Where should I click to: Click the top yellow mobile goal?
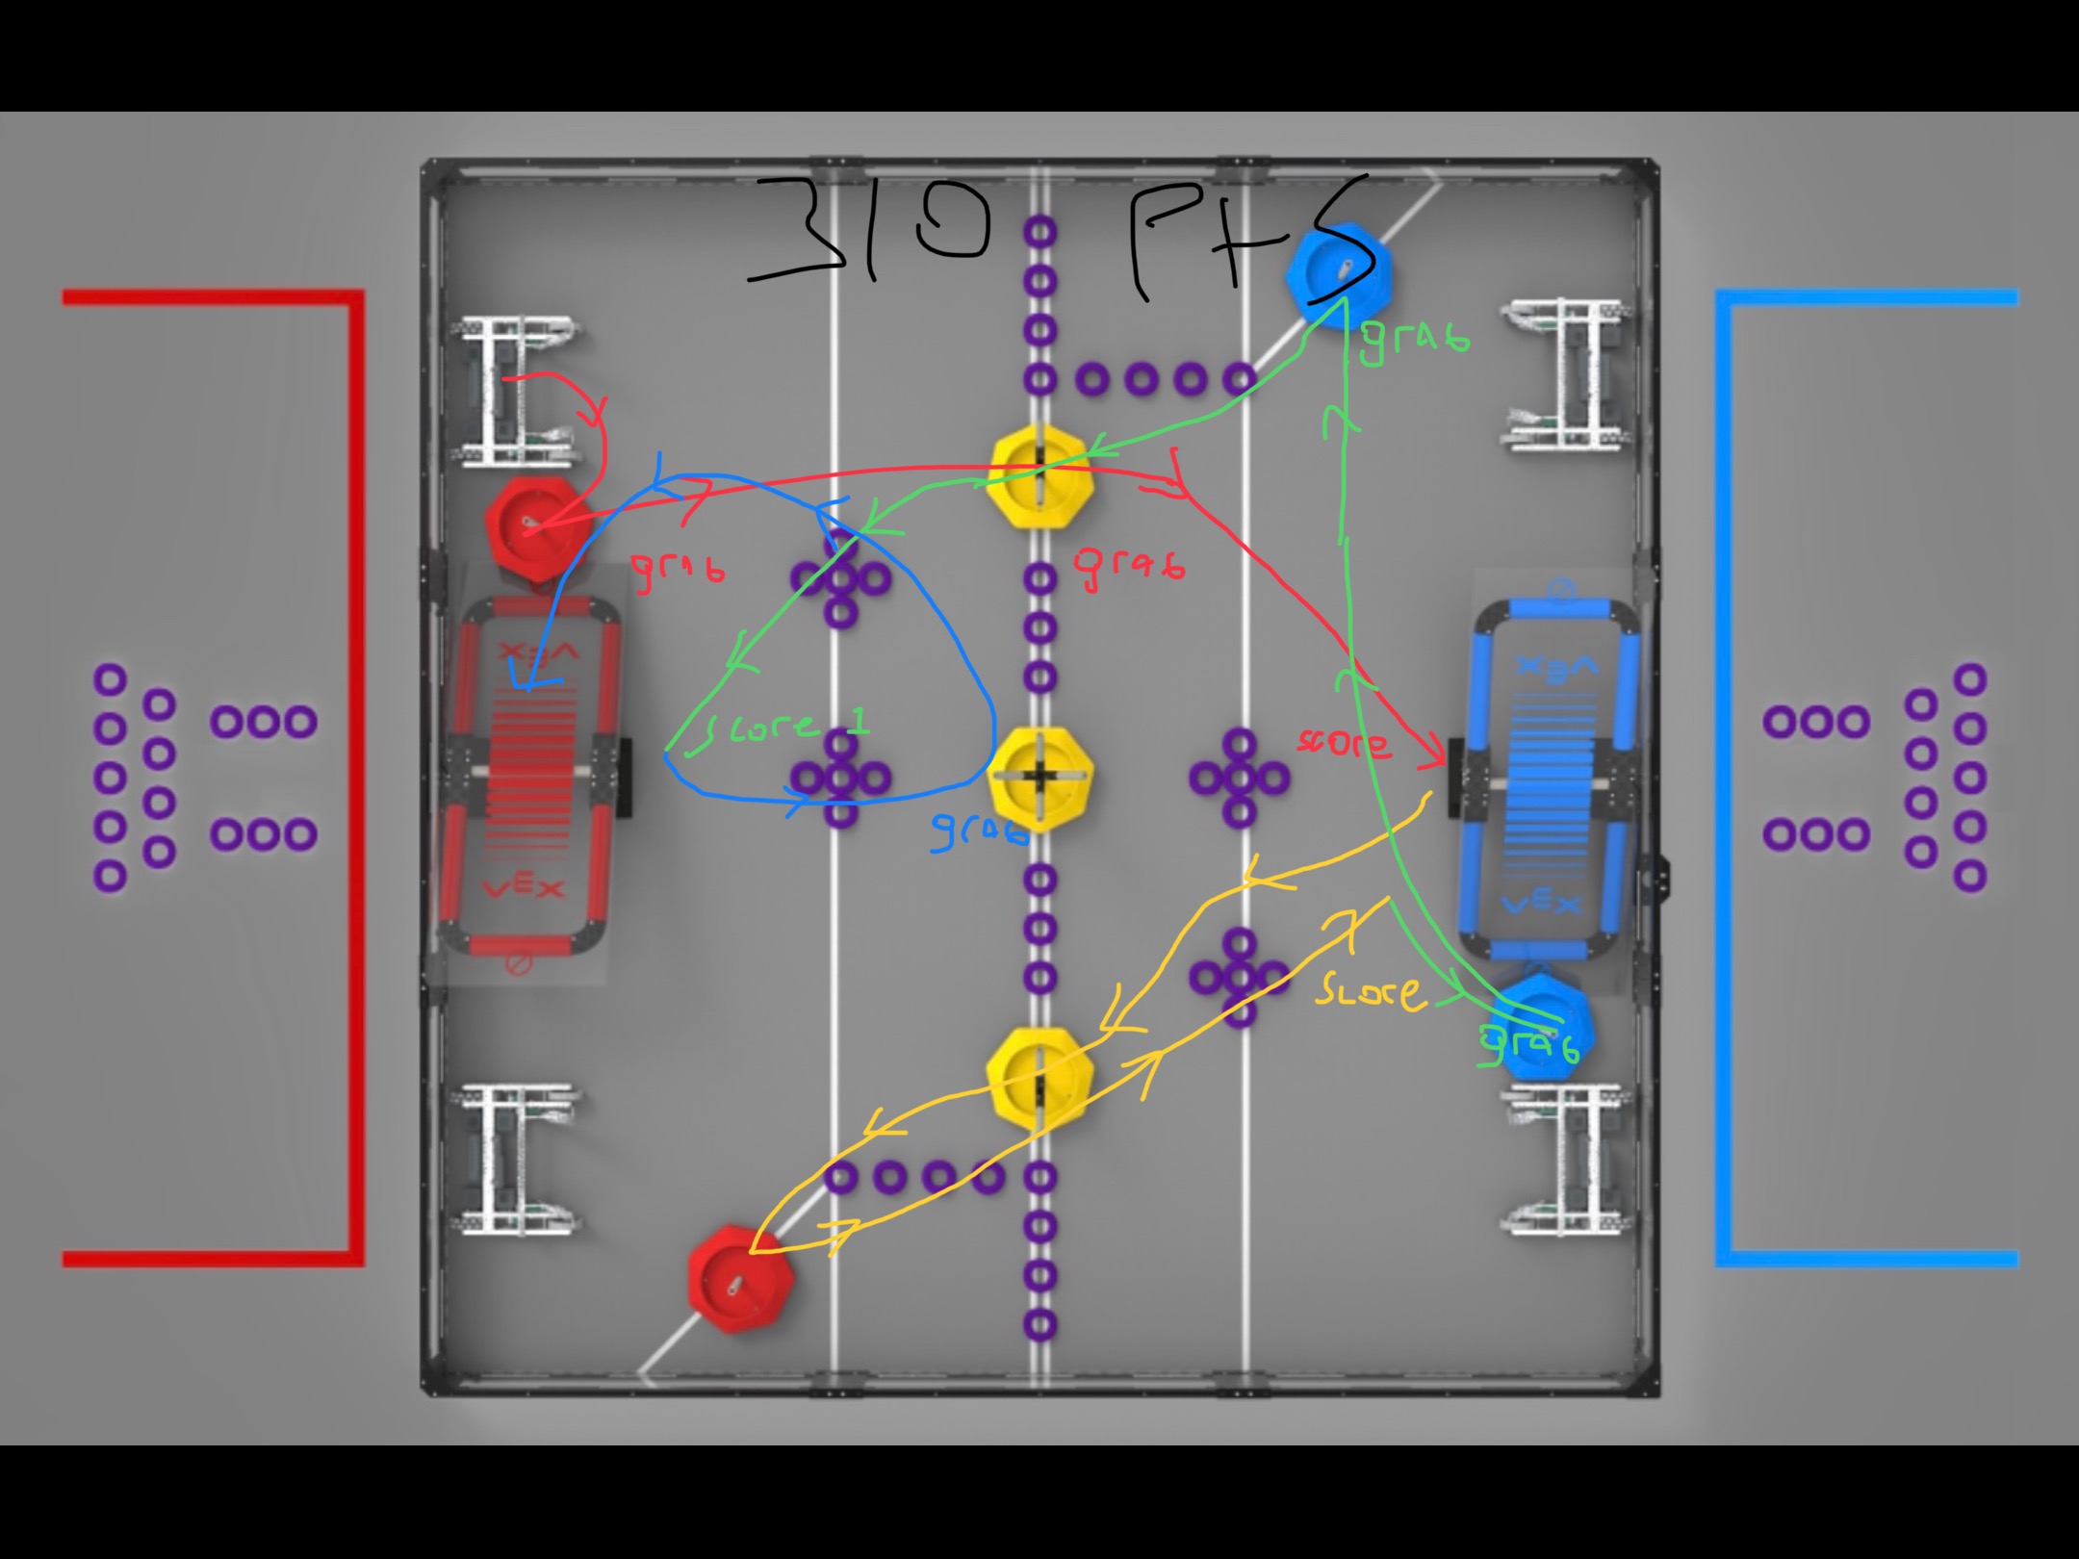click(x=1039, y=478)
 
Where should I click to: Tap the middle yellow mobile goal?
click(x=1039, y=778)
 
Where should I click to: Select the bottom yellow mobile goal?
click(x=1039, y=1078)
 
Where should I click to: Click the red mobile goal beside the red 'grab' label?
click(x=535, y=527)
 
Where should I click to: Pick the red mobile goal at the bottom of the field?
click(x=741, y=1280)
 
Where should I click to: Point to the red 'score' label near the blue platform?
click(x=1344, y=742)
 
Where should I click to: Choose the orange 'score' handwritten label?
click(x=1371, y=991)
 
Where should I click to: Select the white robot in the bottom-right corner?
click(x=1564, y=1160)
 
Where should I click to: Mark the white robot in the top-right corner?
click(x=1564, y=375)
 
